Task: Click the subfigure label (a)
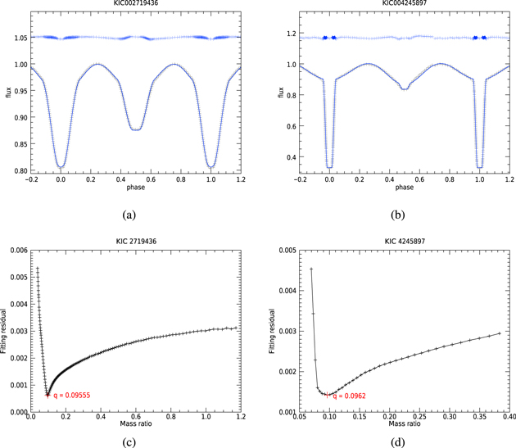(128, 215)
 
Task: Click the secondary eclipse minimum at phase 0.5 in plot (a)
(137, 129)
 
